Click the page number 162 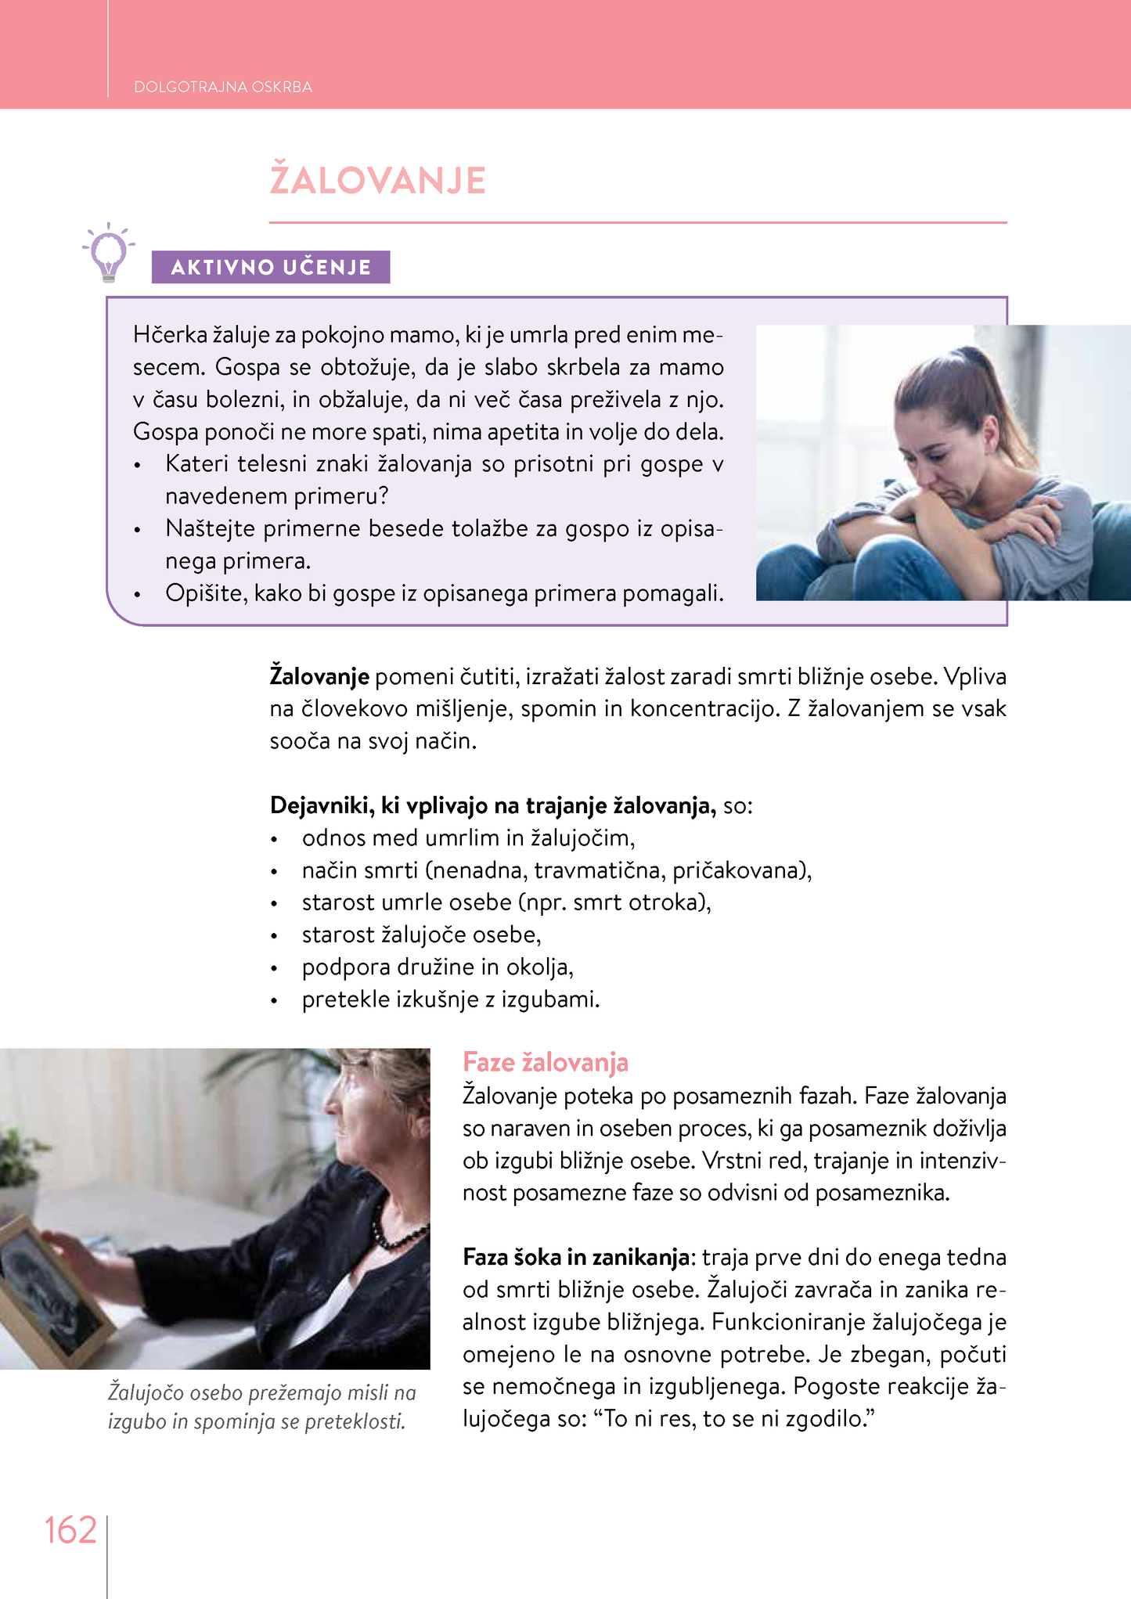click(x=70, y=1530)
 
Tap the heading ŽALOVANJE click(x=378, y=180)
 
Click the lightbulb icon click(x=109, y=252)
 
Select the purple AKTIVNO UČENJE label click(x=271, y=267)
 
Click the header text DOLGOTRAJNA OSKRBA click(x=223, y=87)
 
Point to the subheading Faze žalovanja click(x=546, y=1062)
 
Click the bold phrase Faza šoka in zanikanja click(x=577, y=1257)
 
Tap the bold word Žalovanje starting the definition click(x=319, y=676)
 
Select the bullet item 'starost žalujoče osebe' click(x=421, y=935)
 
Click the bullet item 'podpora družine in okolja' click(x=438, y=967)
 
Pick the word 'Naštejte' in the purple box click(x=211, y=529)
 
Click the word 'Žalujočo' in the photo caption click(x=145, y=1392)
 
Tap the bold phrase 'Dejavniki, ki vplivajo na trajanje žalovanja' click(x=492, y=805)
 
